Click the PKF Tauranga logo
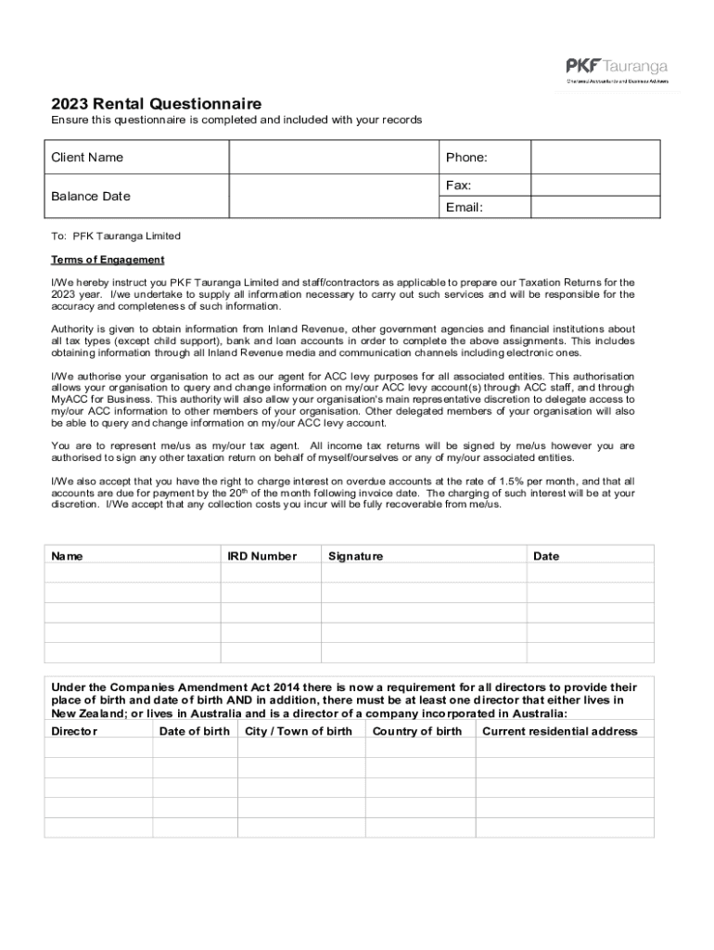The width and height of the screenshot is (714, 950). [617, 71]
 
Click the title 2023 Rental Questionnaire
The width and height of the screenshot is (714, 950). [156, 104]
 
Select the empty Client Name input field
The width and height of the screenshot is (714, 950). [333, 157]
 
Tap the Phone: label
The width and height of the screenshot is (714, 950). [466, 158]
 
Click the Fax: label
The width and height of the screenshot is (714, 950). [459, 186]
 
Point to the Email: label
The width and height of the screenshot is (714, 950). [464, 207]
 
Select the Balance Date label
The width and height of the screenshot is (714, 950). [91, 196]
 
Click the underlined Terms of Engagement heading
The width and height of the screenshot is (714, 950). [108, 260]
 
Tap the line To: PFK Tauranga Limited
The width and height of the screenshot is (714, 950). [116, 237]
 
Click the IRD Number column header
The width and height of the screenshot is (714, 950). [262, 557]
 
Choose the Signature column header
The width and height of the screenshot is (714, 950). [355, 557]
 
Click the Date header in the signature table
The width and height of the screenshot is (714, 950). [546, 557]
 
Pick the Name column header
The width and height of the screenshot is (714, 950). [67, 557]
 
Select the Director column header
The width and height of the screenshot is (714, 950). [74, 731]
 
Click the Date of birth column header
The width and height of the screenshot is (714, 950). [194, 731]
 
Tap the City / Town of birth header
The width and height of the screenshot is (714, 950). [299, 731]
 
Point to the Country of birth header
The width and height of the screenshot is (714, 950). [416, 731]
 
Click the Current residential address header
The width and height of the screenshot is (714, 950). [560, 731]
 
